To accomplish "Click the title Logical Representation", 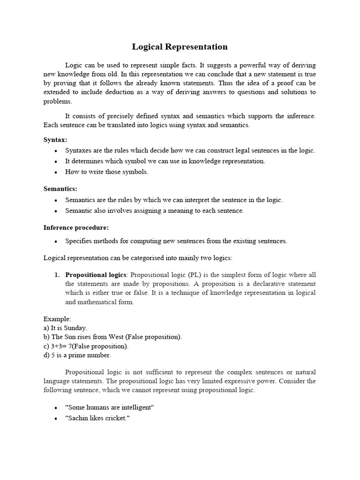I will click(180, 47).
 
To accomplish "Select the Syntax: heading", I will click(55, 140).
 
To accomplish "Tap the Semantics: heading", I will click(60, 188).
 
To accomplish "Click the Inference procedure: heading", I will click(76, 227).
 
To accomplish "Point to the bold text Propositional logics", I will click(96, 275).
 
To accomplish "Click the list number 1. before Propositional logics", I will click(58, 275).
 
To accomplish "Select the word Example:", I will click(57, 318).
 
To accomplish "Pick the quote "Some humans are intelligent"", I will click(110, 407).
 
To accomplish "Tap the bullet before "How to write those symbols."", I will click(56, 172).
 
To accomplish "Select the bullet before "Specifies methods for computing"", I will click(56, 241).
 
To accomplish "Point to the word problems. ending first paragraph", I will click(58, 101).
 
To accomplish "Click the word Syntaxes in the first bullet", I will click(80, 150).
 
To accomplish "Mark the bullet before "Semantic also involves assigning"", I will click(56, 211).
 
